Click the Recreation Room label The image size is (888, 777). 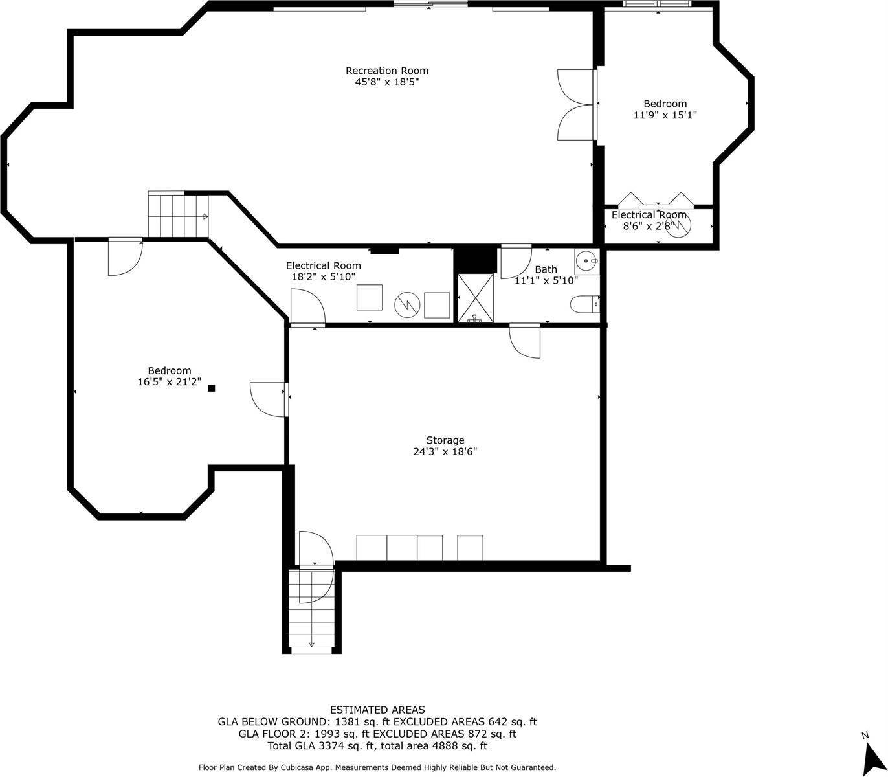[386, 71]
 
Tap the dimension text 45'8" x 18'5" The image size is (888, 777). [386, 82]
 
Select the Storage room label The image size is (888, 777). [445, 440]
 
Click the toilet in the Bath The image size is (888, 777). [584, 304]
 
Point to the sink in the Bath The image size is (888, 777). [587, 262]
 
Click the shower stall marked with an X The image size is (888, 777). [476, 298]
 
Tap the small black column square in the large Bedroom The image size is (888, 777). [211, 388]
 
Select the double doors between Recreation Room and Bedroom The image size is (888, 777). [576, 104]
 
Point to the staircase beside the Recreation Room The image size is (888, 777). [179, 216]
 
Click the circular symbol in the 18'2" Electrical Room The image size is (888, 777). [407, 304]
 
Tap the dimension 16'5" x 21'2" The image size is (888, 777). [169, 382]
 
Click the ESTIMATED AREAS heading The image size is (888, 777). [377, 710]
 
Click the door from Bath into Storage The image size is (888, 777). [525, 340]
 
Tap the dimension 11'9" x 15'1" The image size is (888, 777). [665, 115]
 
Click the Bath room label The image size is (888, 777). [546, 269]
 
